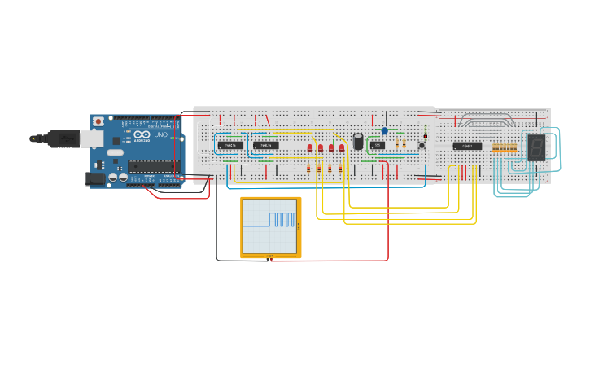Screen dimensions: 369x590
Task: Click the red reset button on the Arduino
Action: [x=98, y=121]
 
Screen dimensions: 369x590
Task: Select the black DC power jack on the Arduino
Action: [x=95, y=178]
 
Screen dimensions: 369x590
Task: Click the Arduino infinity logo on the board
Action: [x=140, y=134]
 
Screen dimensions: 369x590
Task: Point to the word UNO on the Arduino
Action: [x=160, y=134]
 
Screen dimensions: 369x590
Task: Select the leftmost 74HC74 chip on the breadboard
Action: [x=229, y=145]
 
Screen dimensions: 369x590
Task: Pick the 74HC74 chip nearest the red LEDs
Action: [x=265, y=145]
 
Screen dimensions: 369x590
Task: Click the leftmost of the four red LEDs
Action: [x=310, y=148]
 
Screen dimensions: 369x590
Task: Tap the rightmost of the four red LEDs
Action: [x=342, y=148]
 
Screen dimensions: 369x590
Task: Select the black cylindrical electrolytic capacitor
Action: [x=358, y=141]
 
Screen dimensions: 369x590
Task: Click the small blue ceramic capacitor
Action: [x=385, y=131]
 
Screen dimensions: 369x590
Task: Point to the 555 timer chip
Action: [x=377, y=145]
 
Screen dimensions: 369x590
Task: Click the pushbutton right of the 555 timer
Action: [x=422, y=145]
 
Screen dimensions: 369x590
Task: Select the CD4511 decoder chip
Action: [x=467, y=146]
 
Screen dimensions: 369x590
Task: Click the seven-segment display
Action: [x=536, y=147]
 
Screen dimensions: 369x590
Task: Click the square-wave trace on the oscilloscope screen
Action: [x=282, y=219]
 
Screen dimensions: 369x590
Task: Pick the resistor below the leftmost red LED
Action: [x=309, y=167]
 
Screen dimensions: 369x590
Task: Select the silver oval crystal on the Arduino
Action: [x=116, y=152]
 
